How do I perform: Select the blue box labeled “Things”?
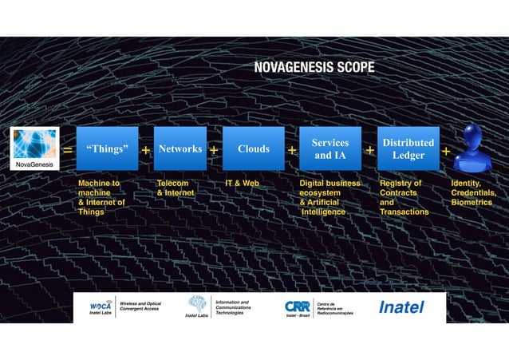click(107, 148)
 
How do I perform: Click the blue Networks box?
click(180, 148)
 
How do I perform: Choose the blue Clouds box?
click(253, 148)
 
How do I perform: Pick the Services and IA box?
click(329, 148)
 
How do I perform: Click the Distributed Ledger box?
click(408, 148)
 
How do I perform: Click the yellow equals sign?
click(67, 150)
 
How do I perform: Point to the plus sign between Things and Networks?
click(146, 150)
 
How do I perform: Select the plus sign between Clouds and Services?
click(292, 150)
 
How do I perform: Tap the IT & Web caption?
click(243, 183)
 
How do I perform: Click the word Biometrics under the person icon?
click(472, 202)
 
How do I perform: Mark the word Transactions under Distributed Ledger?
click(404, 212)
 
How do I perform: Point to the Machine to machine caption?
click(99, 188)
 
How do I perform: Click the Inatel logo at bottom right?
click(400, 307)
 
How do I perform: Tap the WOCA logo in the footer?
click(101, 306)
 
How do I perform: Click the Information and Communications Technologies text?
click(232, 307)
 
